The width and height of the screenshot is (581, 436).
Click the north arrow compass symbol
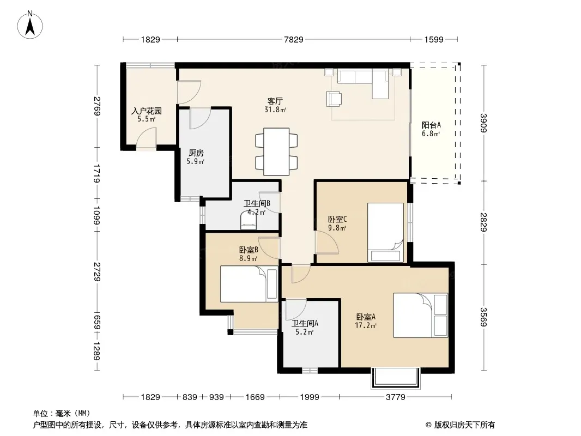(x=30, y=25)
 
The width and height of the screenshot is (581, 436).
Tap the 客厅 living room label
(x=275, y=101)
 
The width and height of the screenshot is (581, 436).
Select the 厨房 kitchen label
(x=196, y=153)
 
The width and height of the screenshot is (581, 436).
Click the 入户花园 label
(x=147, y=111)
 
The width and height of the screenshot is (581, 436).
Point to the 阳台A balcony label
(x=431, y=125)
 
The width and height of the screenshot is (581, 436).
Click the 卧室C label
(x=337, y=219)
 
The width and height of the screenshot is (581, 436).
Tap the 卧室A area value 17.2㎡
(x=366, y=325)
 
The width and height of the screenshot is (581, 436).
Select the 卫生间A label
(x=305, y=323)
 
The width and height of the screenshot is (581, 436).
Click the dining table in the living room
(x=276, y=152)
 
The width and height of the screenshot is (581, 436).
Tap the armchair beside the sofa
(x=334, y=99)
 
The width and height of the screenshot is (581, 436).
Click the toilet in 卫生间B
(x=248, y=220)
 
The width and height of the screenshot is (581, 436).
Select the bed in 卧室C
(x=385, y=232)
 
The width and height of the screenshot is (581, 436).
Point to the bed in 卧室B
(x=249, y=284)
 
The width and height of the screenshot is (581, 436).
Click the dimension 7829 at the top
(x=293, y=39)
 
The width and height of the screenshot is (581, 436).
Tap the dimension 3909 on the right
(x=483, y=123)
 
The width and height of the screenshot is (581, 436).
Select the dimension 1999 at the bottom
(x=310, y=397)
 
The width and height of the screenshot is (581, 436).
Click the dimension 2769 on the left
(x=97, y=106)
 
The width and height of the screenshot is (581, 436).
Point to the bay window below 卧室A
(x=396, y=378)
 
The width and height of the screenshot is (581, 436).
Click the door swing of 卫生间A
(x=296, y=310)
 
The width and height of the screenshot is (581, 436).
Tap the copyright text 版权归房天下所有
(x=464, y=425)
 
